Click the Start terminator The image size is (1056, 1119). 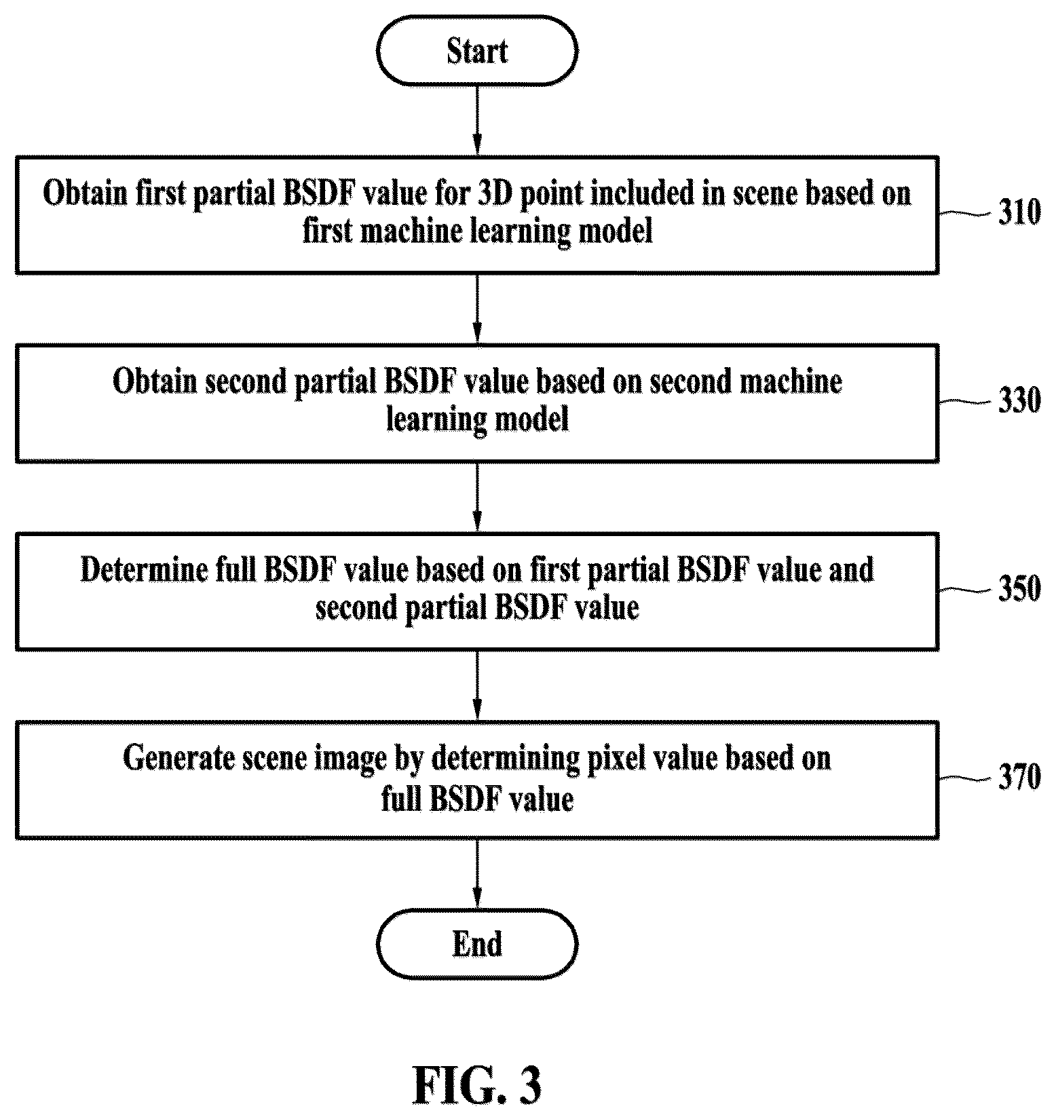click(x=477, y=52)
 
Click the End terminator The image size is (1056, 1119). click(x=477, y=944)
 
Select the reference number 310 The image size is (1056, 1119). click(x=1019, y=212)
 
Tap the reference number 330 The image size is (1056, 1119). click(x=1019, y=400)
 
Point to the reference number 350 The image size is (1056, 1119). click(x=1019, y=588)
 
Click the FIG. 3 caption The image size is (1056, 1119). click(x=478, y=1085)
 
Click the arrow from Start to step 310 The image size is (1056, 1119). click(x=477, y=120)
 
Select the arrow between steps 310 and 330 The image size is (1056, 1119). click(x=477, y=309)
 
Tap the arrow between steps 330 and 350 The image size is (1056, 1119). click(x=477, y=497)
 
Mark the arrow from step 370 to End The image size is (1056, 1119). click(x=477, y=874)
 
